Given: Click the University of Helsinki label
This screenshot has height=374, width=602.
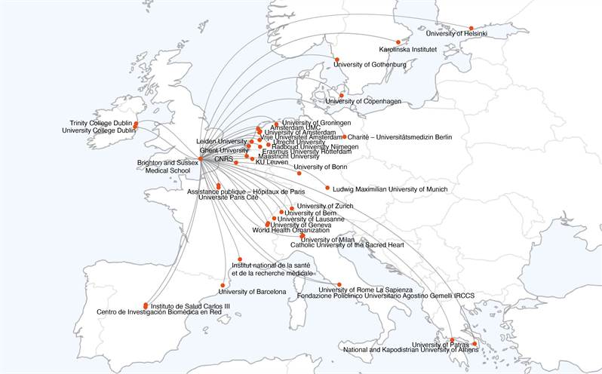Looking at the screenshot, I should click(x=456, y=34).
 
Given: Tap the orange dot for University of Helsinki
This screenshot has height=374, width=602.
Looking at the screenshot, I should click(x=471, y=29).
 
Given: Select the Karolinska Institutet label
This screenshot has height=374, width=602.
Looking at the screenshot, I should click(x=408, y=50).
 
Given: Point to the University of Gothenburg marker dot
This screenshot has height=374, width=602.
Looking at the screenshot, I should click(x=336, y=60).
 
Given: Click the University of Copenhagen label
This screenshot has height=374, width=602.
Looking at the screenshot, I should click(x=363, y=101).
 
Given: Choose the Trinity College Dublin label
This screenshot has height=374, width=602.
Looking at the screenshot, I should click(x=101, y=122).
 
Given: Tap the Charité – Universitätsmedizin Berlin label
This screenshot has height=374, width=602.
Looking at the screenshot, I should click(x=399, y=137).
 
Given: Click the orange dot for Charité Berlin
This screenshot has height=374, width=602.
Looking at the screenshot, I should click(x=344, y=136).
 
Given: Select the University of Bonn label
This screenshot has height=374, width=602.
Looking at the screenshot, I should click(x=320, y=167).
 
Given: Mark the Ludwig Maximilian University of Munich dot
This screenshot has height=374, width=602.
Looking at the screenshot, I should click(x=327, y=188).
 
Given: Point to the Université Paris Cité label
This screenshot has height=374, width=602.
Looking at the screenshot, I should click(x=228, y=197).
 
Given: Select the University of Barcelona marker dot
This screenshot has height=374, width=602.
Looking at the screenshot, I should click(x=223, y=285).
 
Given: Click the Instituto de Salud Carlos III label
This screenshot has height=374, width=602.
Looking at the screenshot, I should click(x=189, y=306).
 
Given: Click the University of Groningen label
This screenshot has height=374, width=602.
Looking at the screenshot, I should click(x=317, y=123).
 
